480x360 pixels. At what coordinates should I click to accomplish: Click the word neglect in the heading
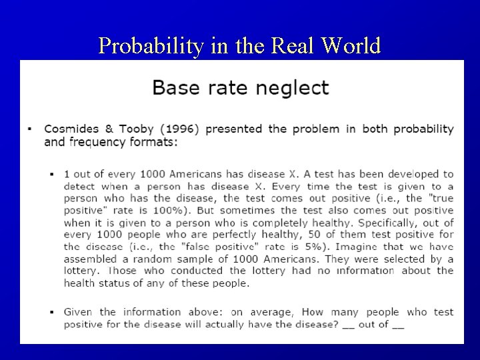coord(288,88)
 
